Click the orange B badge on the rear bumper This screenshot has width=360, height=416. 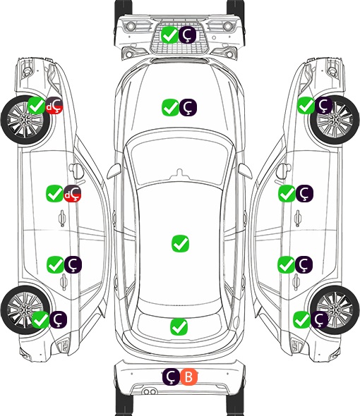(189, 377)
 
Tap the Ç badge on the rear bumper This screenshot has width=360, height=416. (171, 377)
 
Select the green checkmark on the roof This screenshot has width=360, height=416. (180, 243)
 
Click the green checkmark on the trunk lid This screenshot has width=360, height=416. (179, 326)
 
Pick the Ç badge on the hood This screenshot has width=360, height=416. (188, 107)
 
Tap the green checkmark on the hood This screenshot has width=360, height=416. (170, 107)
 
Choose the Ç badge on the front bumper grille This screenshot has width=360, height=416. (187, 35)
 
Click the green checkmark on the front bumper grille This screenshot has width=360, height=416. (169, 35)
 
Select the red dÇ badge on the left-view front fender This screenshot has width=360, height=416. (54, 105)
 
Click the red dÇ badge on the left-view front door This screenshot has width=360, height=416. (73, 193)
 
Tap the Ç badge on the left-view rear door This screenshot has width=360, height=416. (73, 264)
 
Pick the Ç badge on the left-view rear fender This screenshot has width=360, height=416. (58, 319)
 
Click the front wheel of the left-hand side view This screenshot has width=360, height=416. (26, 121)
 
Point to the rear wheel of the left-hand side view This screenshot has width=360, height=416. (25, 310)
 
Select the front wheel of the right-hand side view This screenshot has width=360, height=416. (335, 120)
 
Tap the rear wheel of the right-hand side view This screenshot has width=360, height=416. (335, 310)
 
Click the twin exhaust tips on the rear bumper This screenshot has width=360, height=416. (150, 392)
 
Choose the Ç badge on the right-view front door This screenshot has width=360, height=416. (304, 193)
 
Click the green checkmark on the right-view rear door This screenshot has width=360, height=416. (286, 264)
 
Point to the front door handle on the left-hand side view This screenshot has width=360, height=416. (62, 218)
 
